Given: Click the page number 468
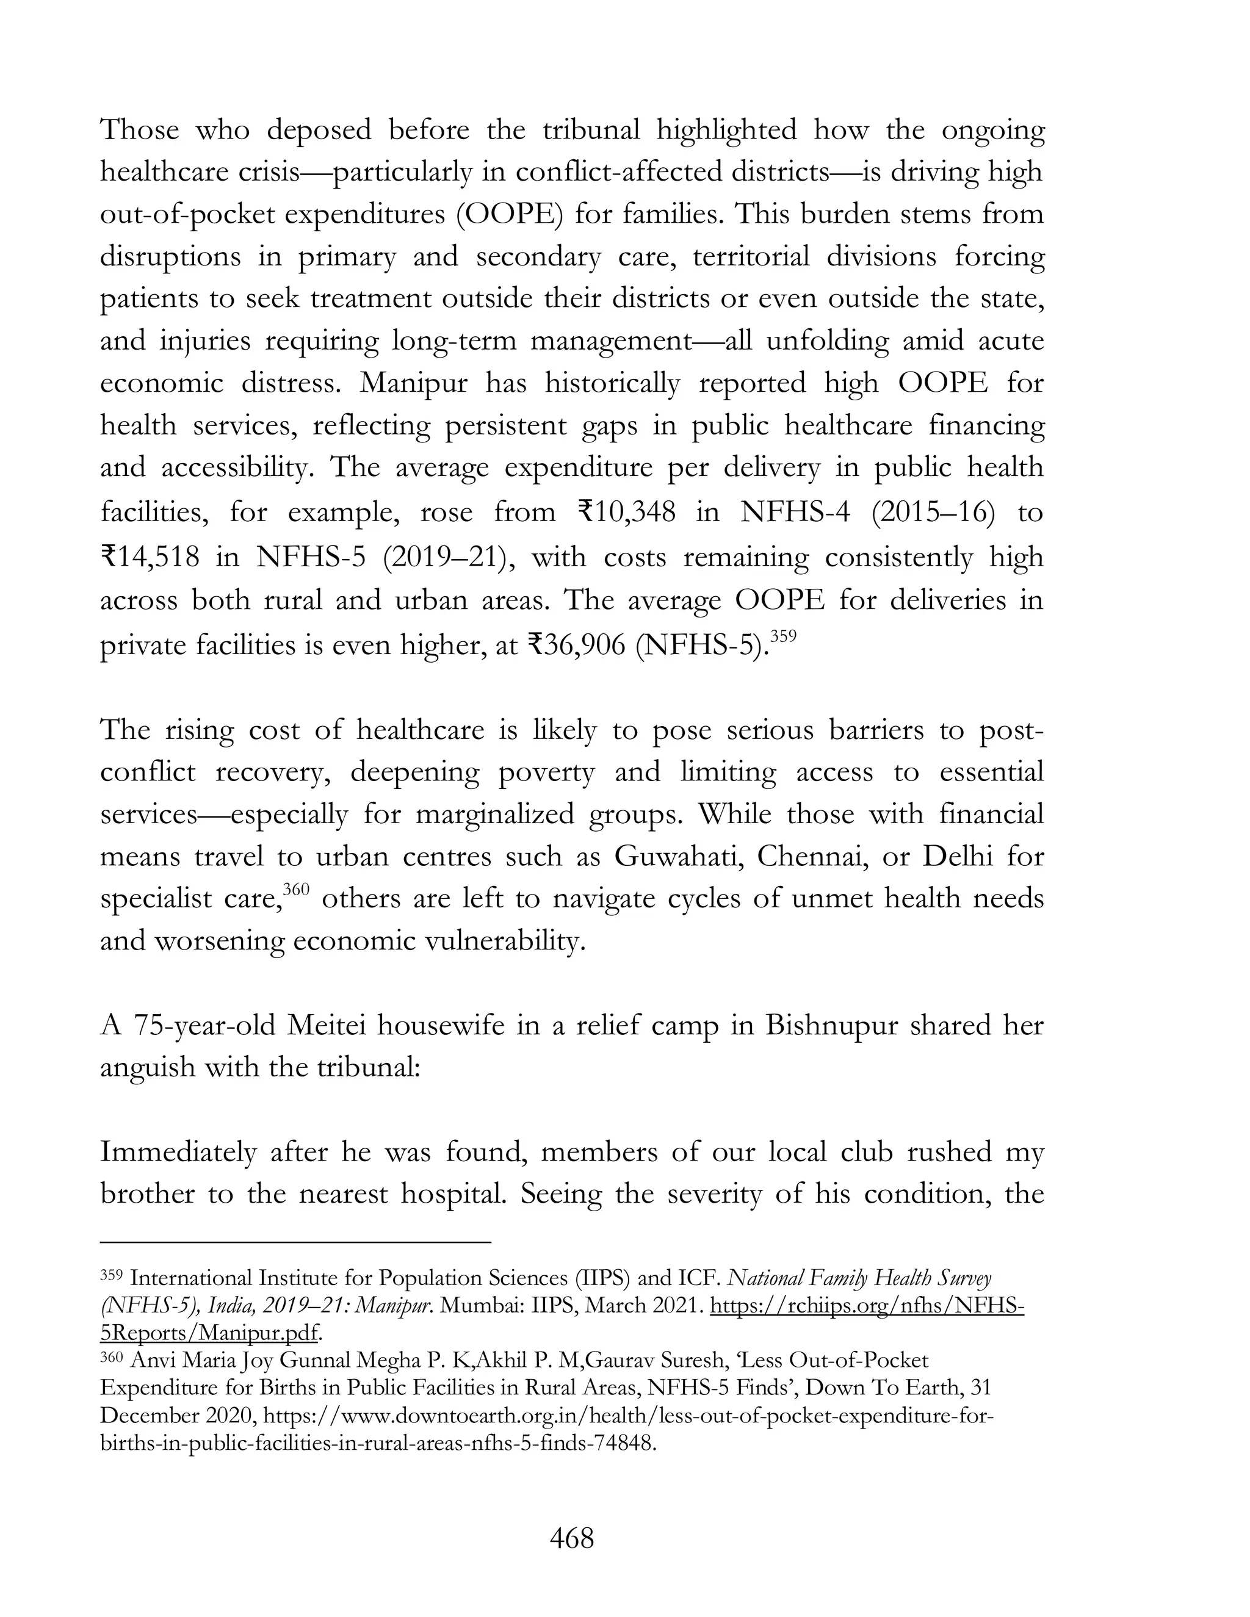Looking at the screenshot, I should (x=572, y=1538).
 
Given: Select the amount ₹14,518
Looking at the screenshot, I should (x=150, y=556).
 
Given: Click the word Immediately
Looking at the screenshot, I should (x=178, y=1152).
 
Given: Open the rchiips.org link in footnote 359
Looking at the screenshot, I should (x=867, y=1305).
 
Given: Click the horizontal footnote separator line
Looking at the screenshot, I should (x=295, y=1241).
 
